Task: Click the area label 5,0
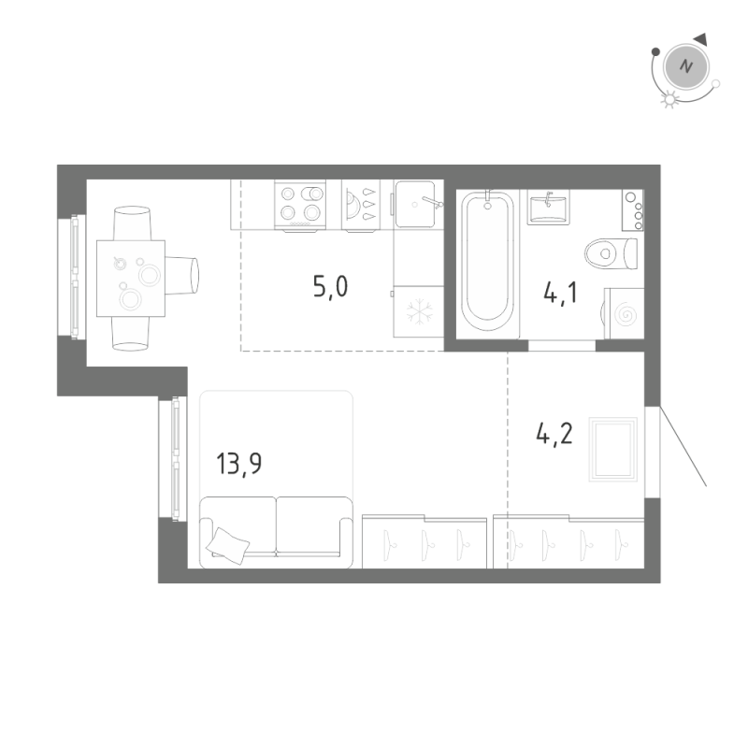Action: click(330, 286)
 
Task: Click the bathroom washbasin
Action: click(548, 207)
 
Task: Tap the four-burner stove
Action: click(300, 205)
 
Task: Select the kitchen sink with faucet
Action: click(416, 204)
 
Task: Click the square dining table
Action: click(131, 278)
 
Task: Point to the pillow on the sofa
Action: click(229, 543)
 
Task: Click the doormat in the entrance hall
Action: click(612, 450)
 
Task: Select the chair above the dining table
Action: click(131, 223)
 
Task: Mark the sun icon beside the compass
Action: click(668, 100)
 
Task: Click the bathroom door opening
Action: click(561, 345)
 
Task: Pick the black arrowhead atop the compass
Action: click(701, 37)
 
